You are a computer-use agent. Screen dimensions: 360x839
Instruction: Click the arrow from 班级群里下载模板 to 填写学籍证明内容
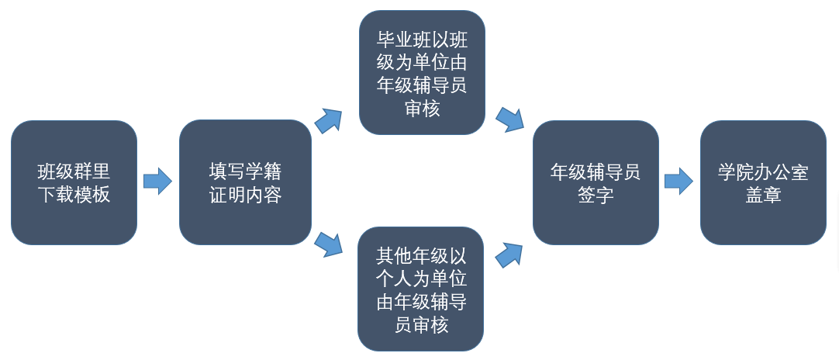click(x=157, y=182)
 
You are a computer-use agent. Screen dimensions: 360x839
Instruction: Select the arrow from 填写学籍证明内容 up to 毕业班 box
click(x=329, y=121)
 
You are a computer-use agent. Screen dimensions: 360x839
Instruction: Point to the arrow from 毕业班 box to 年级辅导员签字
click(x=509, y=119)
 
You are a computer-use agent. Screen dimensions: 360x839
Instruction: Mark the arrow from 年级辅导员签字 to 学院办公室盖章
click(x=678, y=181)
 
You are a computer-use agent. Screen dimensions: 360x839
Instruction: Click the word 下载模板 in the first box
click(x=74, y=194)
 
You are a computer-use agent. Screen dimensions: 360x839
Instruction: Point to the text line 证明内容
click(x=245, y=194)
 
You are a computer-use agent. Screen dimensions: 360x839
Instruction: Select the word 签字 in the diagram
click(x=596, y=195)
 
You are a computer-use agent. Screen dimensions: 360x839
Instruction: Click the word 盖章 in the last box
click(x=763, y=195)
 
